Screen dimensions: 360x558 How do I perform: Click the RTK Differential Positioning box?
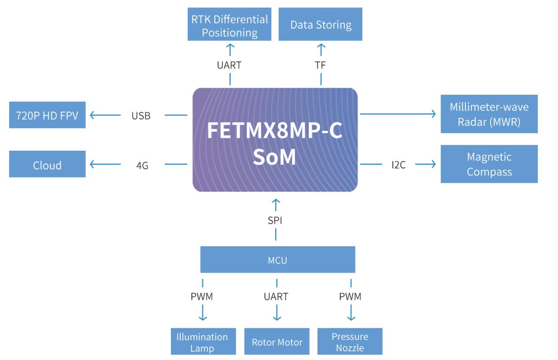(x=229, y=26)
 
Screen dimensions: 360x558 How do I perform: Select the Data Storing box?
(x=321, y=25)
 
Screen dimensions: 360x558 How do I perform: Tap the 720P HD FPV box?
(x=48, y=116)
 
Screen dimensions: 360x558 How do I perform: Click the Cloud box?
(x=48, y=165)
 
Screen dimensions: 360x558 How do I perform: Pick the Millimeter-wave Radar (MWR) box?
(x=489, y=114)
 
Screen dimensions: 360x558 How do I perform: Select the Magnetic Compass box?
(x=489, y=164)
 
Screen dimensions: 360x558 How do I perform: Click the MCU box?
(x=277, y=260)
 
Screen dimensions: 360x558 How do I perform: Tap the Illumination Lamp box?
(x=202, y=342)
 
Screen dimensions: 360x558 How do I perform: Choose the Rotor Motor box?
(x=277, y=342)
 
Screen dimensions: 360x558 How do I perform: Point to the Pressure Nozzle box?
(x=350, y=342)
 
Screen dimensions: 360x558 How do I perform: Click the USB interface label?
(x=141, y=116)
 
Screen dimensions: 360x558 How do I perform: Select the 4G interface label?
(x=142, y=166)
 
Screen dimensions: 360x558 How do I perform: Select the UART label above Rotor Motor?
(x=276, y=297)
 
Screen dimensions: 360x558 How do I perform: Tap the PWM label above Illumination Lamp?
(x=202, y=297)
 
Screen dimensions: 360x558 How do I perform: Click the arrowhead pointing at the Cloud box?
(x=92, y=165)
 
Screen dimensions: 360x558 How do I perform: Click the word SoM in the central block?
(x=274, y=158)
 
